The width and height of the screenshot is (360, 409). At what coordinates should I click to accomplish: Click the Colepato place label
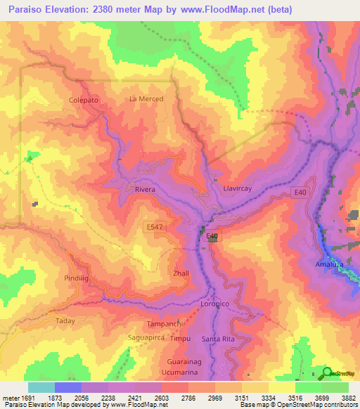tap(83, 101)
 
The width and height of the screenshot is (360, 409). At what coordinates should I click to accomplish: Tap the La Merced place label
tap(146, 99)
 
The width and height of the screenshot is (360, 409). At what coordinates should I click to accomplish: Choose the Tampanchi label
tap(165, 323)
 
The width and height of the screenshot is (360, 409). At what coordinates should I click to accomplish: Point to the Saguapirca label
tap(145, 337)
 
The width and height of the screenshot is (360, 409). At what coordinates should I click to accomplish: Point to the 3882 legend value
tap(348, 398)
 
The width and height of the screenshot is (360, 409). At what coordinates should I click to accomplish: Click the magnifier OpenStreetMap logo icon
tap(327, 374)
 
